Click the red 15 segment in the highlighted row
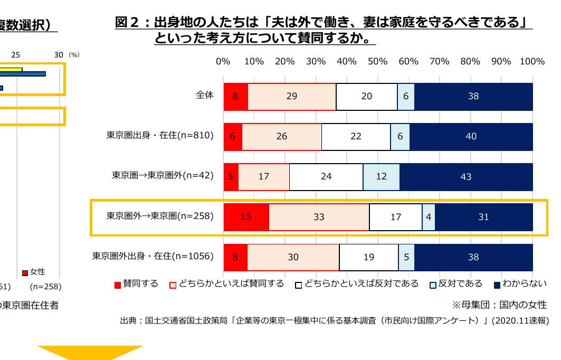(246, 216)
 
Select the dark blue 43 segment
(466, 177)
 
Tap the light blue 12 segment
(381, 177)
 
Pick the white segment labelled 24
(326, 177)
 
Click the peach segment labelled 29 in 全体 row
(292, 96)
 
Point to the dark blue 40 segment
(471, 136)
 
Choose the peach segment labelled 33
(319, 216)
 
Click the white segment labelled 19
(369, 257)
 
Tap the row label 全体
(204, 96)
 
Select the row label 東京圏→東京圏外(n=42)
(163, 176)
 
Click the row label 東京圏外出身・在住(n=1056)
(153, 257)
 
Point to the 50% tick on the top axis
(378, 61)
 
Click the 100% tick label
(532, 61)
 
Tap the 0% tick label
(223, 61)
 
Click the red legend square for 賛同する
(118, 285)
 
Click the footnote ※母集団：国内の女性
(499, 305)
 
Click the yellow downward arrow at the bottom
(90, 352)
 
